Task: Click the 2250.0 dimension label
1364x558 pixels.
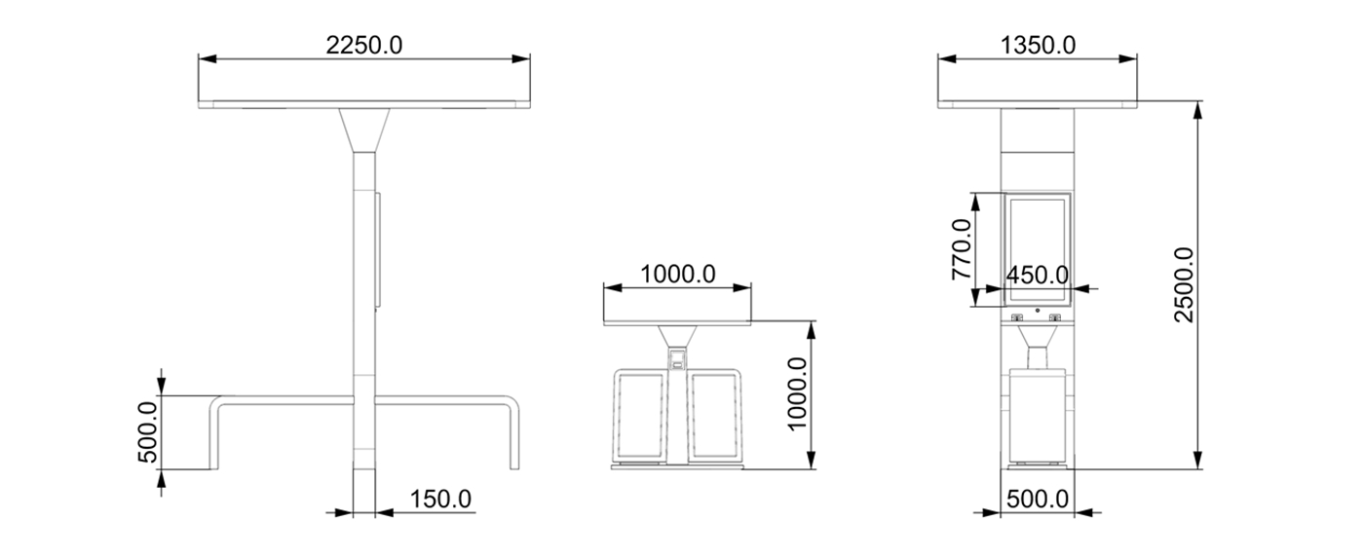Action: click(364, 44)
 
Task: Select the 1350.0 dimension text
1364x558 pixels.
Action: click(1038, 44)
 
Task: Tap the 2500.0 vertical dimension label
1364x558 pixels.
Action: click(1185, 284)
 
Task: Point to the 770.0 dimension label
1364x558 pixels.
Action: click(962, 249)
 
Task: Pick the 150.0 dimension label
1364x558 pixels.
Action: click(440, 500)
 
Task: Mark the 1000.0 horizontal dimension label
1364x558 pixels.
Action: click(678, 274)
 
